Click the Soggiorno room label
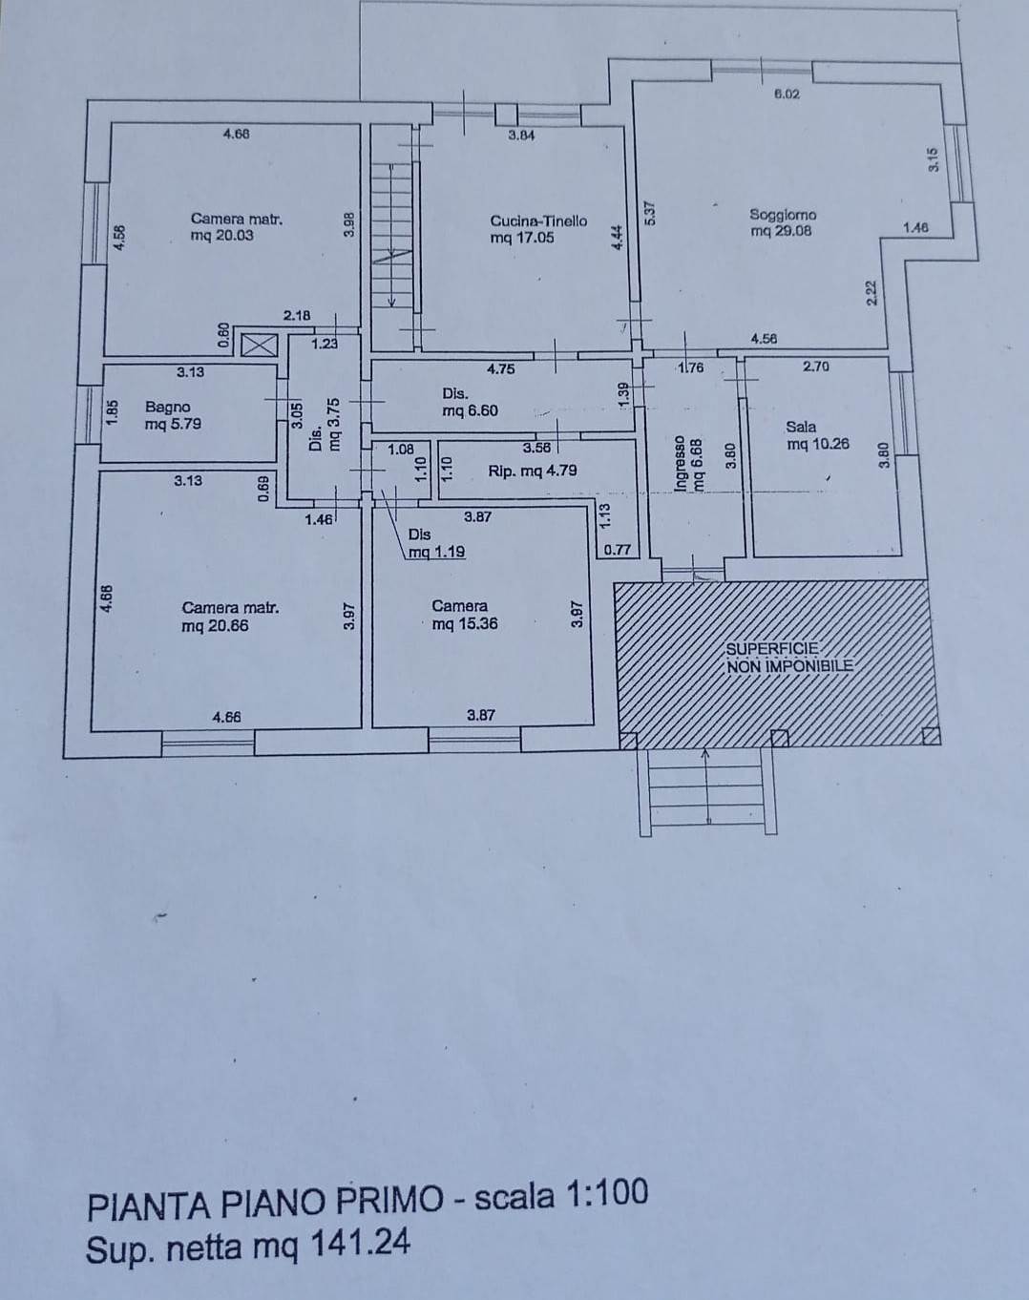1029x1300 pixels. tap(783, 215)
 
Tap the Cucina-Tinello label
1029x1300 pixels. tap(538, 220)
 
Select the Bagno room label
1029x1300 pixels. tap(167, 407)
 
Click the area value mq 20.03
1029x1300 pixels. tap(222, 236)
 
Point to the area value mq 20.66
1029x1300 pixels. tap(215, 625)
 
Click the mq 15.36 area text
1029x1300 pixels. tap(464, 624)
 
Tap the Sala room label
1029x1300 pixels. tap(800, 427)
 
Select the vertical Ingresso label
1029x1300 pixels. tap(680, 464)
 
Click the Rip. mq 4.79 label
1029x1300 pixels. tap(532, 471)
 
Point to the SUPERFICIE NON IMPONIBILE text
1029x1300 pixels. tap(788, 658)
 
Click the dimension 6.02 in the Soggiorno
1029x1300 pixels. tap(787, 94)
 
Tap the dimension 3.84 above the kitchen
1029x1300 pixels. tap(521, 136)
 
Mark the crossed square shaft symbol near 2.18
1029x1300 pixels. tap(256, 345)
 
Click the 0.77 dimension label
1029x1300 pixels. tap(618, 549)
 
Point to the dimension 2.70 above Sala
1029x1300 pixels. tap(816, 366)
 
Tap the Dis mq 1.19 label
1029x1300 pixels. tap(435, 544)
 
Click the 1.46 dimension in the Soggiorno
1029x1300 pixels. tap(915, 227)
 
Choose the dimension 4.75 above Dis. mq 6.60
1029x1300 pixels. tap(501, 368)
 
